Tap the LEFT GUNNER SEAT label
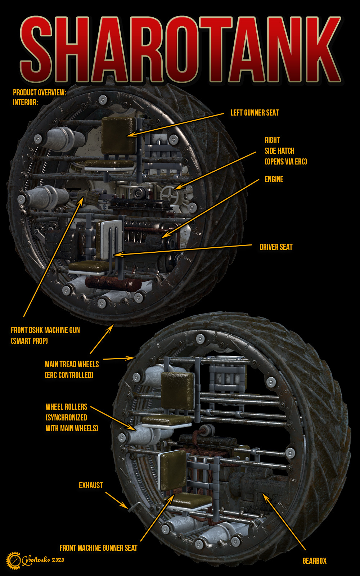[255, 113]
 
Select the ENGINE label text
[274, 179]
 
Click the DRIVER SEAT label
[276, 247]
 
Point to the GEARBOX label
[314, 561]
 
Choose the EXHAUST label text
[91, 485]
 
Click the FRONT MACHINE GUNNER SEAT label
[98, 548]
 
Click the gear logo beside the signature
[14, 561]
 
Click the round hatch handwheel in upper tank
[168, 194]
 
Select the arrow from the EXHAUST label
[117, 500]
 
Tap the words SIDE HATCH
[280, 151]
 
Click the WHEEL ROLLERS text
[66, 407]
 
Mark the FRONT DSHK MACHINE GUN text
[45, 330]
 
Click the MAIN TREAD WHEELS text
[72, 364]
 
